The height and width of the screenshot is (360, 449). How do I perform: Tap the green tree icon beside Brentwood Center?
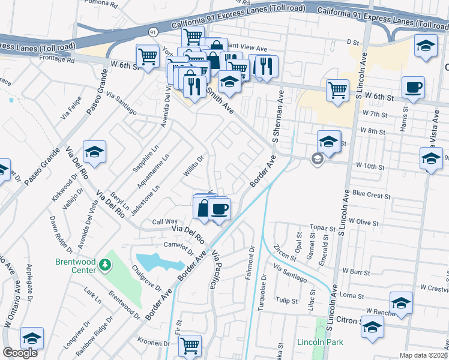point(105,264)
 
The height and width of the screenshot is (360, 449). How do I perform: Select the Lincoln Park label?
point(320,343)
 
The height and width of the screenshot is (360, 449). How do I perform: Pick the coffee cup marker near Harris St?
point(413,88)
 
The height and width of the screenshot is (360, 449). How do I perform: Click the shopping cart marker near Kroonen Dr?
point(190,346)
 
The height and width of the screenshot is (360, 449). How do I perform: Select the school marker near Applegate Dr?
point(32,338)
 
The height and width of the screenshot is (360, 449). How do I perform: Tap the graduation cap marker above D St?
point(426,46)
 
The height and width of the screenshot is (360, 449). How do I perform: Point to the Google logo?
point(20,353)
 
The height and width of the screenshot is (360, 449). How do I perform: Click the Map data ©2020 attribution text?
point(423,355)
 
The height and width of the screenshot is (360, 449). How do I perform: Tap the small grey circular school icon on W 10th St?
point(316,159)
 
